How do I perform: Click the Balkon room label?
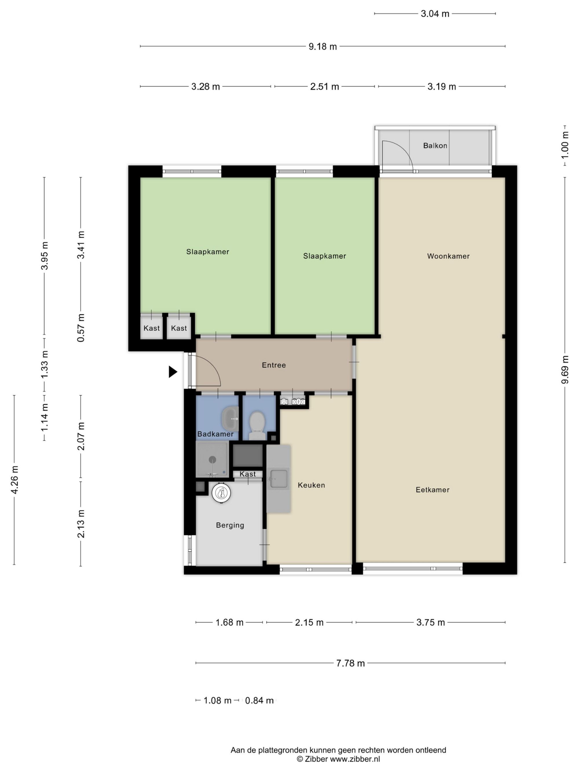tap(435, 146)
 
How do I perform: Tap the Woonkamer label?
tap(448, 256)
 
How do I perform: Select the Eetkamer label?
tap(433, 490)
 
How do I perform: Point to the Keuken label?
tap(311, 485)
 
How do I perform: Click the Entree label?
tap(274, 365)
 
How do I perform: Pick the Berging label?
tap(230, 525)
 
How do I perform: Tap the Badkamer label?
tap(215, 434)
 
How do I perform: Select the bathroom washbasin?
tap(230, 418)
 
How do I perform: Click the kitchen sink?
tap(279, 478)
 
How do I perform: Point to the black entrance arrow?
tap(173, 372)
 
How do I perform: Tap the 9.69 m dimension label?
tap(565, 370)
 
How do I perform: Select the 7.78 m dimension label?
tap(350, 663)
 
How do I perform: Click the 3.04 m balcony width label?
tap(435, 14)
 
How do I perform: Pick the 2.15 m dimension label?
tap(309, 623)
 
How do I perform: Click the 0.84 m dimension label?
tap(259, 701)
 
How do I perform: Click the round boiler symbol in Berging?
tap(221, 493)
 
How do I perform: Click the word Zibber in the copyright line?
tap(316, 759)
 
